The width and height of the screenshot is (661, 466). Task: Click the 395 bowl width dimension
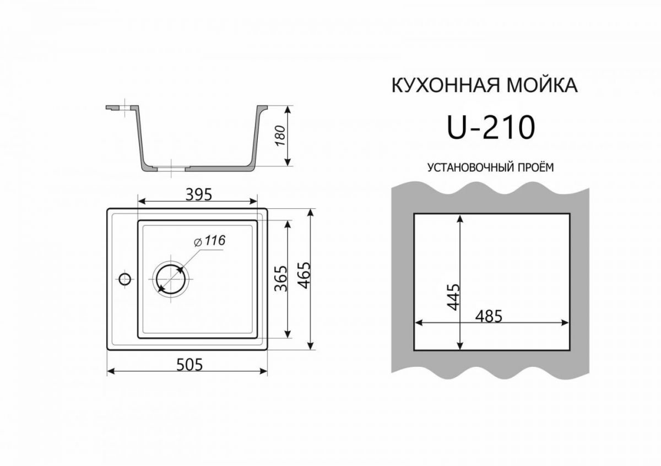point(197,194)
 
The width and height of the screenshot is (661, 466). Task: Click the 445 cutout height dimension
point(453,297)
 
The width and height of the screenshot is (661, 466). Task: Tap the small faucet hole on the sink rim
point(125,278)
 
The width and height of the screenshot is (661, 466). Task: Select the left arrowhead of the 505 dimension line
point(111,372)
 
